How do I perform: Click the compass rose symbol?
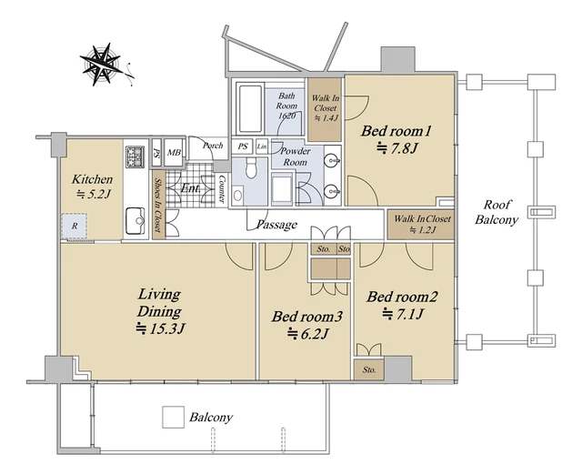click(x=101, y=65)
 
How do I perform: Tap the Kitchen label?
click(x=92, y=179)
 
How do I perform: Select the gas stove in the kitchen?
click(x=135, y=157)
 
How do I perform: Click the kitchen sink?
click(x=135, y=221)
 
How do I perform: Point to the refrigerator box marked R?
click(x=75, y=226)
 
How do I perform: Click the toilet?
click(x=252, y=168)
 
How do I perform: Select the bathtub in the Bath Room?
click(x=250, y=109)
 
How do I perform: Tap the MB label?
click(x=174, y=153)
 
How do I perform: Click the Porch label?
click(x=213, y=146)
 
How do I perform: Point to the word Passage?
click(x=276, y=225)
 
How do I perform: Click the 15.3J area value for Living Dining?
click(x=160, y=328)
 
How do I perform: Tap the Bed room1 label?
click(x=396, y=131)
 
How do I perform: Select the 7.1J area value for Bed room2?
click(x=403, y=314)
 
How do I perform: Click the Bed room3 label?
click(x=307, y=317)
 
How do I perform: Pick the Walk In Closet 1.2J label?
click(x=422, y=224)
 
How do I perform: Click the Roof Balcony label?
click(x=497, y=212)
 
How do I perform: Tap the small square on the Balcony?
click(x=174, y=418)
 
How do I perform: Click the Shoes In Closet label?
click(x=157, y=205)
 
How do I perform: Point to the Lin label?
click(x=262, y=146)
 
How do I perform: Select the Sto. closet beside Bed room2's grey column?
click(x=368, y=369)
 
